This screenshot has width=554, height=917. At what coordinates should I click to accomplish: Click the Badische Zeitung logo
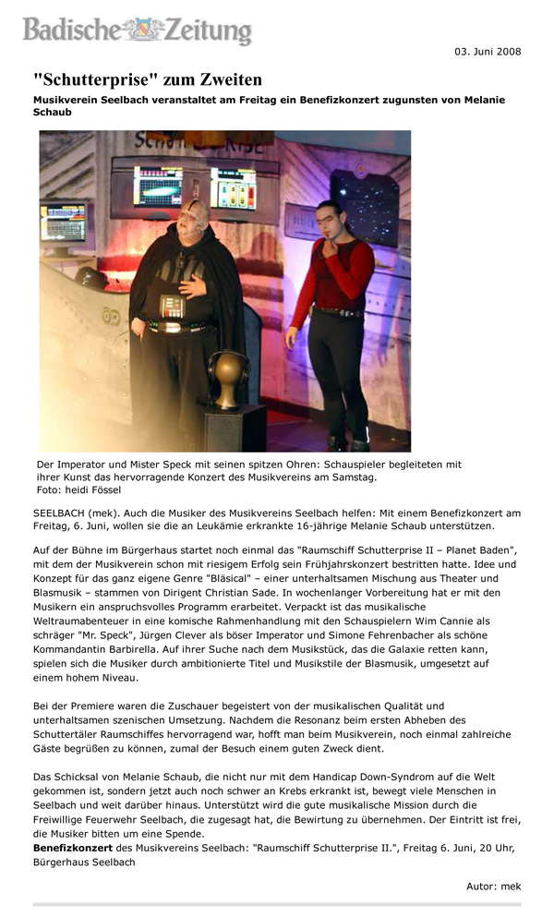coord(137,30)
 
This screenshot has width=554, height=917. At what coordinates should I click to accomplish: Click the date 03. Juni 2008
coord(488,51)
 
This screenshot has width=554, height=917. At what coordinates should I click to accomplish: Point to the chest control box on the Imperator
coord(172,306)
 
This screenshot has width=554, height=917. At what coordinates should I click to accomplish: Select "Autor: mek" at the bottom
coord(493,886)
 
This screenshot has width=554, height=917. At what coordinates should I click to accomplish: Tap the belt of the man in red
coord(333,312)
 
